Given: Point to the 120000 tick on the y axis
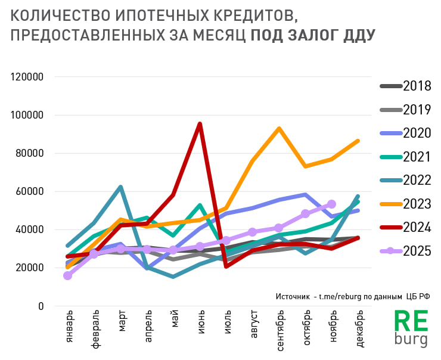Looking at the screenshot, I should pyautogui.click(x=28, y=77).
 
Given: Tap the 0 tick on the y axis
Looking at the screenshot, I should pyautogui.click(x=41, y=306).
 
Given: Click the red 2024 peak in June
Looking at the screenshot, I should pyautogui.click(x=200, y=124).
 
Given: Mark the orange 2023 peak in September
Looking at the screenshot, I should pyautogui.click(x=279, y=128).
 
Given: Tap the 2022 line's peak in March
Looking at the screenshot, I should pyautogui.click(x=120, y=187).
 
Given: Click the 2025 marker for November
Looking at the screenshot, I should pyautogui.click(x=332, y=204).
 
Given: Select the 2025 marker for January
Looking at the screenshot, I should pyautogui.click(x=68, y=275).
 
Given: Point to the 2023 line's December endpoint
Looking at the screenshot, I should pyautogui.click(x=358, y=141).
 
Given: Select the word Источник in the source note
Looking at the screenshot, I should pyautogui.click(x=291, y=296).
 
